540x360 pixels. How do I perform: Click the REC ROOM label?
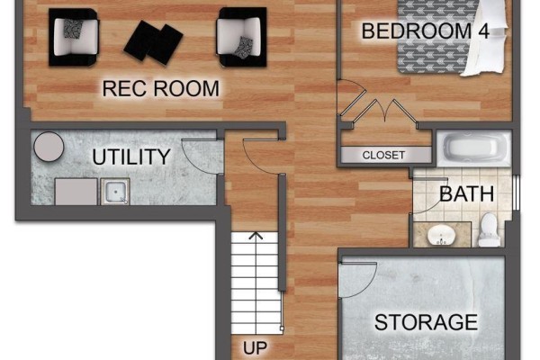[x=160, y=88]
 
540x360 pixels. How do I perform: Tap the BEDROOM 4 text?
[x=426, y=31]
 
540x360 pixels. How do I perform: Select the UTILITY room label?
[x=131, y=157]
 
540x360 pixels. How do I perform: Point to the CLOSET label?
[x=383, y=155]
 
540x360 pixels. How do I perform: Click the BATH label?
[x=466, y=194]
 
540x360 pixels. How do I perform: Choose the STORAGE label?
[x=426, y=322]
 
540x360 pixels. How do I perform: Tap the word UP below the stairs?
[x=255, y=348]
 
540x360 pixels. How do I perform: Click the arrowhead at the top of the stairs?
[x=256, y=236]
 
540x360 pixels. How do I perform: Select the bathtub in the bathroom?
[x=474, y=148]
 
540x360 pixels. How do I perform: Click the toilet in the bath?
[x=490, y=229]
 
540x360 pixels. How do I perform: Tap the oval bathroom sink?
[x=441, y=235]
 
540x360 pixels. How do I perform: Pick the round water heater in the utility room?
[x=49, y=147]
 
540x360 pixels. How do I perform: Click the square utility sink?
[x=115, y=192]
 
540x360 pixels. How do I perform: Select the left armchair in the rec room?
[x=74, y=37]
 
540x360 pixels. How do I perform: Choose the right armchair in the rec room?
[x=241, y=37]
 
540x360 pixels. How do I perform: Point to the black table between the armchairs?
[x=153, y=42]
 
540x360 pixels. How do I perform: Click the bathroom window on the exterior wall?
[x=516, y=193]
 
